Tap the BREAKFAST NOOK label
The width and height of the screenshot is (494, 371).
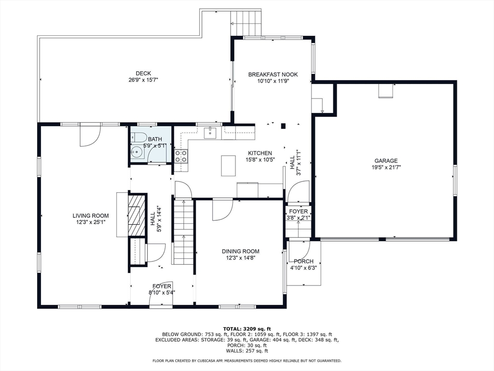tap(273, 74)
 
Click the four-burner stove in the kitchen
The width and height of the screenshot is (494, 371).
tap(181, 156)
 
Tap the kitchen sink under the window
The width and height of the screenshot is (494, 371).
tap(210, 132)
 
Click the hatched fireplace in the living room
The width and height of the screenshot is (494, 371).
tap(137, 215)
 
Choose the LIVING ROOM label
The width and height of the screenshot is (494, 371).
tap(91, 216)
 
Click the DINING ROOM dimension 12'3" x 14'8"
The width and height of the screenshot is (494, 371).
tap(240, 258)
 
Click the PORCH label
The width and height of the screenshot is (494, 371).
tap(303, 261)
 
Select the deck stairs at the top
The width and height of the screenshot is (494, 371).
tap(246, 23)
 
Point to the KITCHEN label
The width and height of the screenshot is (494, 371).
tap(260, 153)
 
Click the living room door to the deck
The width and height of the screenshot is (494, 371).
tap(90, 135)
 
